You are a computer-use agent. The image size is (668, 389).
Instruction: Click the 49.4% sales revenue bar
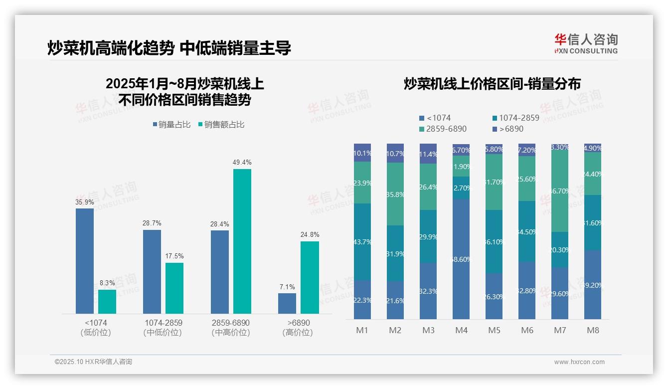(x=242, y=241)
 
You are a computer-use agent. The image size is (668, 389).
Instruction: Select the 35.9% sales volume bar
(x=85, y=261)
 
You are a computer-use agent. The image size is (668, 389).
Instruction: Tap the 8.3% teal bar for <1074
(x=107, y=302)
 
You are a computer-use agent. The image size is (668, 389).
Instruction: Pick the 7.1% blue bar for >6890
(x=287, y=303)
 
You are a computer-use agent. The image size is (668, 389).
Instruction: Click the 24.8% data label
(x=310, y=234)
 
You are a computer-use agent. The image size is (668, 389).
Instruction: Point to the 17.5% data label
(x=174, y=256)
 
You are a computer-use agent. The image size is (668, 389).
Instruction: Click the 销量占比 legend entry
(x=171, y=125)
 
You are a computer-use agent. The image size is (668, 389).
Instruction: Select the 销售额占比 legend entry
(x=221, y=125)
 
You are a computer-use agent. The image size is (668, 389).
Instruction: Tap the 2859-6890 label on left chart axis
(x=230, y=323)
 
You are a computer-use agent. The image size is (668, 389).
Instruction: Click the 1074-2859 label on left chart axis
(x=163, y=323)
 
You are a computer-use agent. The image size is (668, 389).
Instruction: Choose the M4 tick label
(x=461, y=330)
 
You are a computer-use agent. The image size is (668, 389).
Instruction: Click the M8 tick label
(x=593, y=330)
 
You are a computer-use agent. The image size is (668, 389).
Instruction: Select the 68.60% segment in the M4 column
(x=461, y=259)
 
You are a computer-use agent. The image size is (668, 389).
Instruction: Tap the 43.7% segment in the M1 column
(x=362, y=242)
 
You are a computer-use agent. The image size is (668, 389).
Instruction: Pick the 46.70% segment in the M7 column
(x=560, y=191)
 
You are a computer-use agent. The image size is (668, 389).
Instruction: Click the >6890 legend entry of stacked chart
(x=507, y=129)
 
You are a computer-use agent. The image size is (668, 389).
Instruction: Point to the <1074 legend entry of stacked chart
(x=435, y=118)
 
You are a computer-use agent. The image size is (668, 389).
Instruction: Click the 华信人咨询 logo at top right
(x=586, y=43)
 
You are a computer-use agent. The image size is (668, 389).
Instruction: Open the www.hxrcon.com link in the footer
(x=579, y=362)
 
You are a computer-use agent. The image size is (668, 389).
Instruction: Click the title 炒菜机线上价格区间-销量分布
(x=492, y=84)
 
